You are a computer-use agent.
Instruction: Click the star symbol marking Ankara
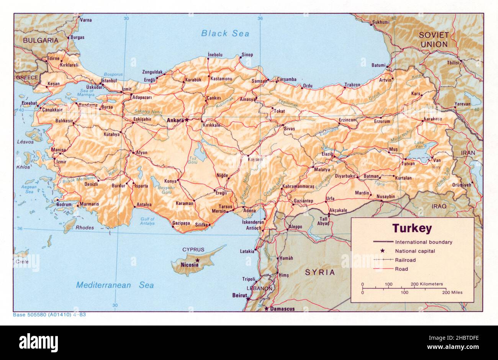[187, 120]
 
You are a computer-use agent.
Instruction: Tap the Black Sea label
[225, 33]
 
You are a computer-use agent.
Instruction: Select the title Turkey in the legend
[412, 229]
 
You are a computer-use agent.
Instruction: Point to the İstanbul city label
[109, 81]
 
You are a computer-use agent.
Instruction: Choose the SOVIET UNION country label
[433, 39]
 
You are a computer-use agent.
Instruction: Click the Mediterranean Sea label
[115, 285]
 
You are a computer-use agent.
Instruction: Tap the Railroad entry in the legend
[405, 260]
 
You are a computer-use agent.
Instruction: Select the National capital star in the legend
[382, 251]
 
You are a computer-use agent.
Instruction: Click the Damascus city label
[282, 309]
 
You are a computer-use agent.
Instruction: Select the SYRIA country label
[319, 273]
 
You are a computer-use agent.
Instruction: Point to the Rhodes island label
[85, 227]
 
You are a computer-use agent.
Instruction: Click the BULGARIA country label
[41, 40]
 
